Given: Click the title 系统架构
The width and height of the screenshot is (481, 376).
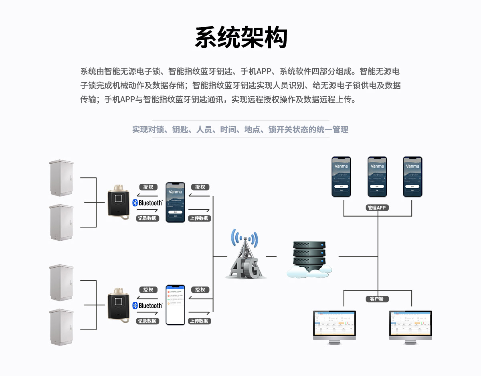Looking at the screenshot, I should (x=241, y=39).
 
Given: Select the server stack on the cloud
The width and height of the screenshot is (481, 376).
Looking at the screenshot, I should (x=309, y=255).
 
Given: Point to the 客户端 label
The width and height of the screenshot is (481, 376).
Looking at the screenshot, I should (x=377, y=299).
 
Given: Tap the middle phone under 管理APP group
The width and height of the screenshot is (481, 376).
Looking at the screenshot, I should (x=377, y=177).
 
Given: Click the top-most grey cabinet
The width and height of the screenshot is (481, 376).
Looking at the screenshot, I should (x=61, y=178).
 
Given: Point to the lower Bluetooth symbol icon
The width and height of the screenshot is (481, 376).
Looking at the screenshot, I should (x=135, y=306).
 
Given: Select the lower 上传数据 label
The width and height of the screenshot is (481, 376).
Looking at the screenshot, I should (x=199, y=321).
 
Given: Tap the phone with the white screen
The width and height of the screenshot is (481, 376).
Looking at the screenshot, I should (x=176, y=305).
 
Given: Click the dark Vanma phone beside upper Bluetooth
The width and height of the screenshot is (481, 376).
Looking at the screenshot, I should (x=176, y=202).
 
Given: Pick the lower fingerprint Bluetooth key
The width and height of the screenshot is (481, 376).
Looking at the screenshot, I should (x=119, y=305).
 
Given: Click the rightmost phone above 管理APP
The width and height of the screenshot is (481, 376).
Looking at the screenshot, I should (x=412, y=177).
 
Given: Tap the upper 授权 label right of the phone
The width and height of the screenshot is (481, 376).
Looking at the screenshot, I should (x=200, y=187).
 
